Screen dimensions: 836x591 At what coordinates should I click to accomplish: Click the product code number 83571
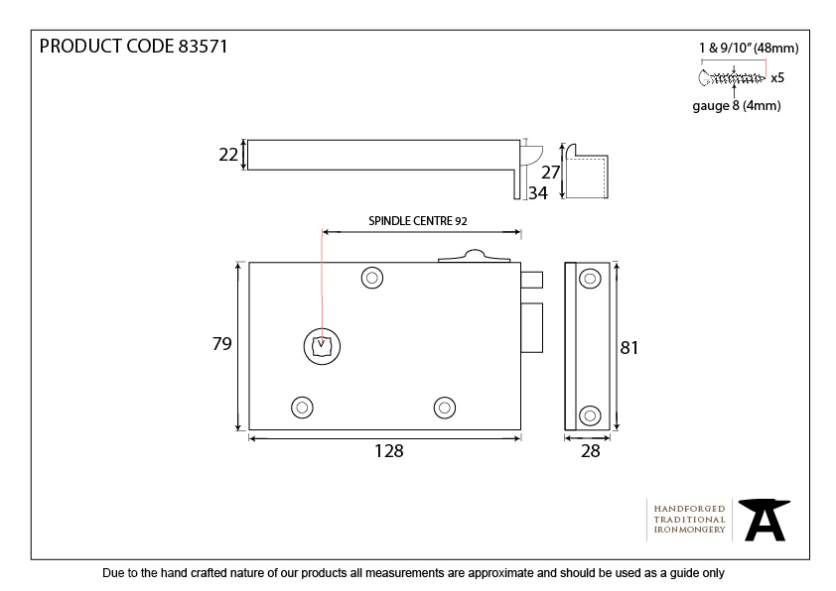203,47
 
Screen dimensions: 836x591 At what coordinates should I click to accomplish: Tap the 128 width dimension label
388,451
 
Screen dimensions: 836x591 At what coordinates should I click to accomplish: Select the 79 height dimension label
221,344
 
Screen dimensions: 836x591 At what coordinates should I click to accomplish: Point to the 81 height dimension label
629,348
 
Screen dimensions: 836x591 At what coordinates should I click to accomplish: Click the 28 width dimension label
590,451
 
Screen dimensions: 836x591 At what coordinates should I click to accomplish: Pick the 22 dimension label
228,155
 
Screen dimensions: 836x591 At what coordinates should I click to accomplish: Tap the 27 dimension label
550,173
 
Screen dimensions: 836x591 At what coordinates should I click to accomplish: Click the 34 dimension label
538,193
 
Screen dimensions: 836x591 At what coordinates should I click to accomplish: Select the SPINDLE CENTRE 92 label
418,221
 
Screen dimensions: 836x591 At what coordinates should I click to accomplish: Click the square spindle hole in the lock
322,346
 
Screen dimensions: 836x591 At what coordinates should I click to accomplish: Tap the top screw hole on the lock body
372,278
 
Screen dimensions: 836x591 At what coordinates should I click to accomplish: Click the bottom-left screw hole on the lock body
302,408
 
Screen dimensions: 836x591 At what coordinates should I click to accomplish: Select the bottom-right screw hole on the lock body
445,408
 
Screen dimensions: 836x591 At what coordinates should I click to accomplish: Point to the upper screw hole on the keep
590,279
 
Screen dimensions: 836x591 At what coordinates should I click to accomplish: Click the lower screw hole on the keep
590,415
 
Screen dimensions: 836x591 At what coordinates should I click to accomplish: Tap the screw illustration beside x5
731,78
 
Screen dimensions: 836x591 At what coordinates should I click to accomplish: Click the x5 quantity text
777,78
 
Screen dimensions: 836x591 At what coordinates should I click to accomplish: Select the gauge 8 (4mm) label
737,105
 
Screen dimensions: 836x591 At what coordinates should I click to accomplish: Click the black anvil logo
765,520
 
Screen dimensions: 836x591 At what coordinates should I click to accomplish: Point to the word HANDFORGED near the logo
689,509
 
